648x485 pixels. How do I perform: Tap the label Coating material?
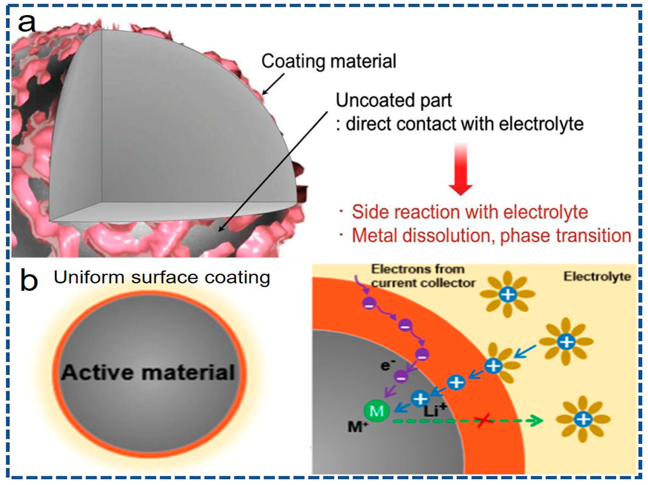(328, 61)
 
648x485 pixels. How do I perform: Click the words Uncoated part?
(393, 101)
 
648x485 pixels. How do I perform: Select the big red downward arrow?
(460, 170)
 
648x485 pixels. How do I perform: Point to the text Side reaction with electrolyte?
(470, 212)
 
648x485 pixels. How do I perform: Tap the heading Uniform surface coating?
(162, 277)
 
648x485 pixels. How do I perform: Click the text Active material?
(148, 373)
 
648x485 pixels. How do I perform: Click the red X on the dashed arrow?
(484, 421)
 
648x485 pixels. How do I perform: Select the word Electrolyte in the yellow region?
(597, 277)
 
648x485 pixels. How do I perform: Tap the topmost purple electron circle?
(369, 304)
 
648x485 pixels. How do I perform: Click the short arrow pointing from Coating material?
(273, 84)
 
